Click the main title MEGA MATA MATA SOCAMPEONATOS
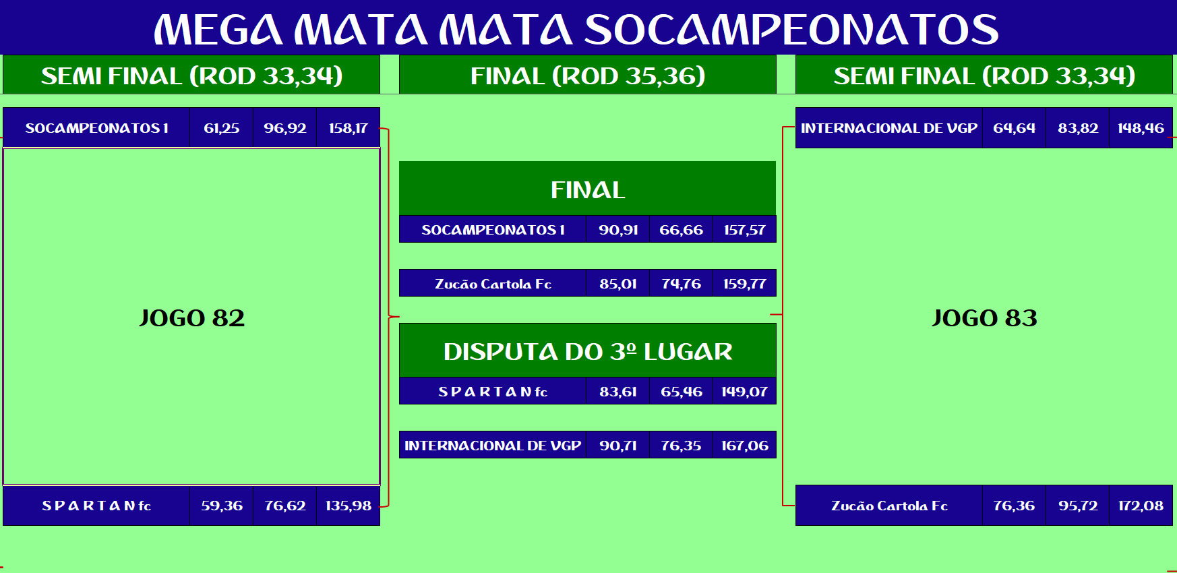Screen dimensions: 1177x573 576,30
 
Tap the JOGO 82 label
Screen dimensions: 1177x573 192,318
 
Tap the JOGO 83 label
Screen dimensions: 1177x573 984,318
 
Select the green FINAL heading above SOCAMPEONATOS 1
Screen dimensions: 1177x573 588,190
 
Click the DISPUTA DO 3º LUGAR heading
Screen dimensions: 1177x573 588,352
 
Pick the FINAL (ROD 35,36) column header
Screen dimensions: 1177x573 588,76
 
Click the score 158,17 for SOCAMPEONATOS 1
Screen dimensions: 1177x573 349,128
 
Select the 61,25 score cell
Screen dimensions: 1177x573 222,128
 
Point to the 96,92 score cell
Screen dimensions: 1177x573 285,128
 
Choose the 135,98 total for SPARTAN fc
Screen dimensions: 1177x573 349,506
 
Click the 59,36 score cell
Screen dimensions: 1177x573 222,506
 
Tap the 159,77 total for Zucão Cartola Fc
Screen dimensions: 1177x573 745,284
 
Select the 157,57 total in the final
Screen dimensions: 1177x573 745,230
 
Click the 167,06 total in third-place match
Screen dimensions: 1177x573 745,446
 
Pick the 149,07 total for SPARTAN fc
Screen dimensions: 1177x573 745,392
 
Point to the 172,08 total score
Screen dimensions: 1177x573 1141,506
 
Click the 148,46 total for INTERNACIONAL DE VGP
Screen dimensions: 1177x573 1141,128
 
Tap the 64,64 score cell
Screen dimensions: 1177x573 1015,128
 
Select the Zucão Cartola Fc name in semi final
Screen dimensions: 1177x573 890,506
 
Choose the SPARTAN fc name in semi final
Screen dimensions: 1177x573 96,506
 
